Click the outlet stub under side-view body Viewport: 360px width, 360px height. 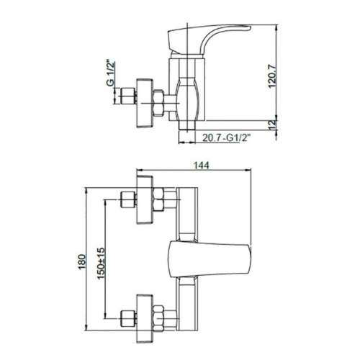(189, 125)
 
